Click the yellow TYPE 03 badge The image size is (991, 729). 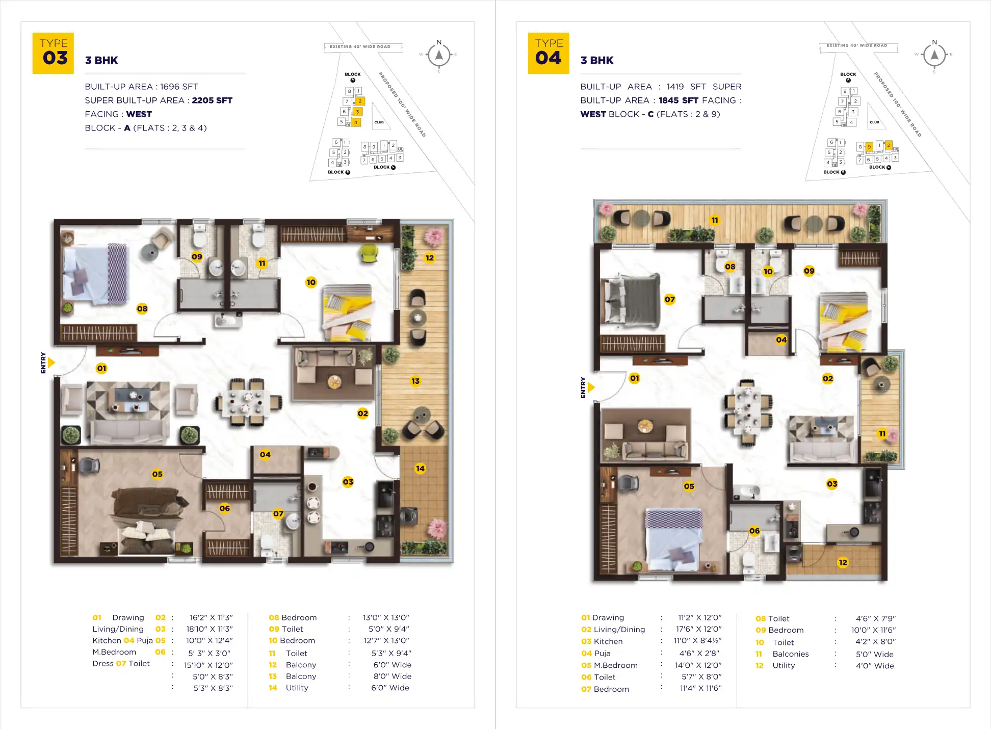53,53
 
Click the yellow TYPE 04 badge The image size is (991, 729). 549,53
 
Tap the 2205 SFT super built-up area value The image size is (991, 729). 212,100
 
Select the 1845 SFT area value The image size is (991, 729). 678,100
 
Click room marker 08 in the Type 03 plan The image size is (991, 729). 142,308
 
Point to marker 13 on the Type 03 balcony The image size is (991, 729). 415,381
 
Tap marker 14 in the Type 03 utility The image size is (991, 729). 420,468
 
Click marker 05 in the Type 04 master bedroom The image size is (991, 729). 689,486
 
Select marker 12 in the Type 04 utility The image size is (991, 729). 843,562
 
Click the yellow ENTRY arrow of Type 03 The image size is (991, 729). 51,363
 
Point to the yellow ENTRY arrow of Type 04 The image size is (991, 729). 591,387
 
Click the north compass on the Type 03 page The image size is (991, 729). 439,55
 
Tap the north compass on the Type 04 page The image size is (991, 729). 934,55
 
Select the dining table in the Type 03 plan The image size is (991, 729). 246,402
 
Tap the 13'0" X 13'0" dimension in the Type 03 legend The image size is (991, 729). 386,617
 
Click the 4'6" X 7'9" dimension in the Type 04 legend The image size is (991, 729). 875,618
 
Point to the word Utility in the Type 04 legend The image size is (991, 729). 784,665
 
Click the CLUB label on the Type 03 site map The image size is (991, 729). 379,122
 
